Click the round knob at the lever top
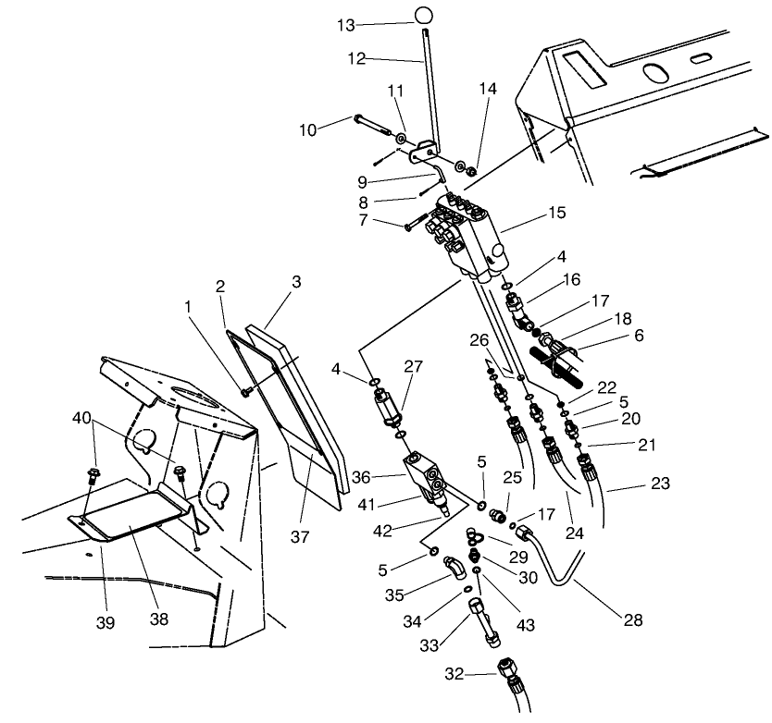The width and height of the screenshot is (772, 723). [423, 15]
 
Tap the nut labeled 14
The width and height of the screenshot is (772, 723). [470, 171]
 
